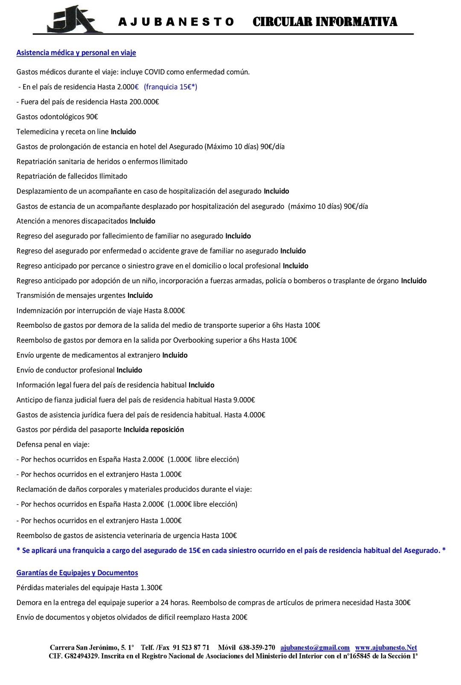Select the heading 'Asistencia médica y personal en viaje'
76,52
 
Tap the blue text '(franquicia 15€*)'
170,87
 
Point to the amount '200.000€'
144,102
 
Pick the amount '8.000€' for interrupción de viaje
174,310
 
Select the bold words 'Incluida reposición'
154,429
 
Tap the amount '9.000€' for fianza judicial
244,400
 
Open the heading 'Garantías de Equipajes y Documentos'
77,573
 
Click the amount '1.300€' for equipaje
151,588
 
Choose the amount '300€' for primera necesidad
403,603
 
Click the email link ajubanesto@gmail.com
315,647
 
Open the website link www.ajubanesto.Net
386,647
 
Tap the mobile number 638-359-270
257,647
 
